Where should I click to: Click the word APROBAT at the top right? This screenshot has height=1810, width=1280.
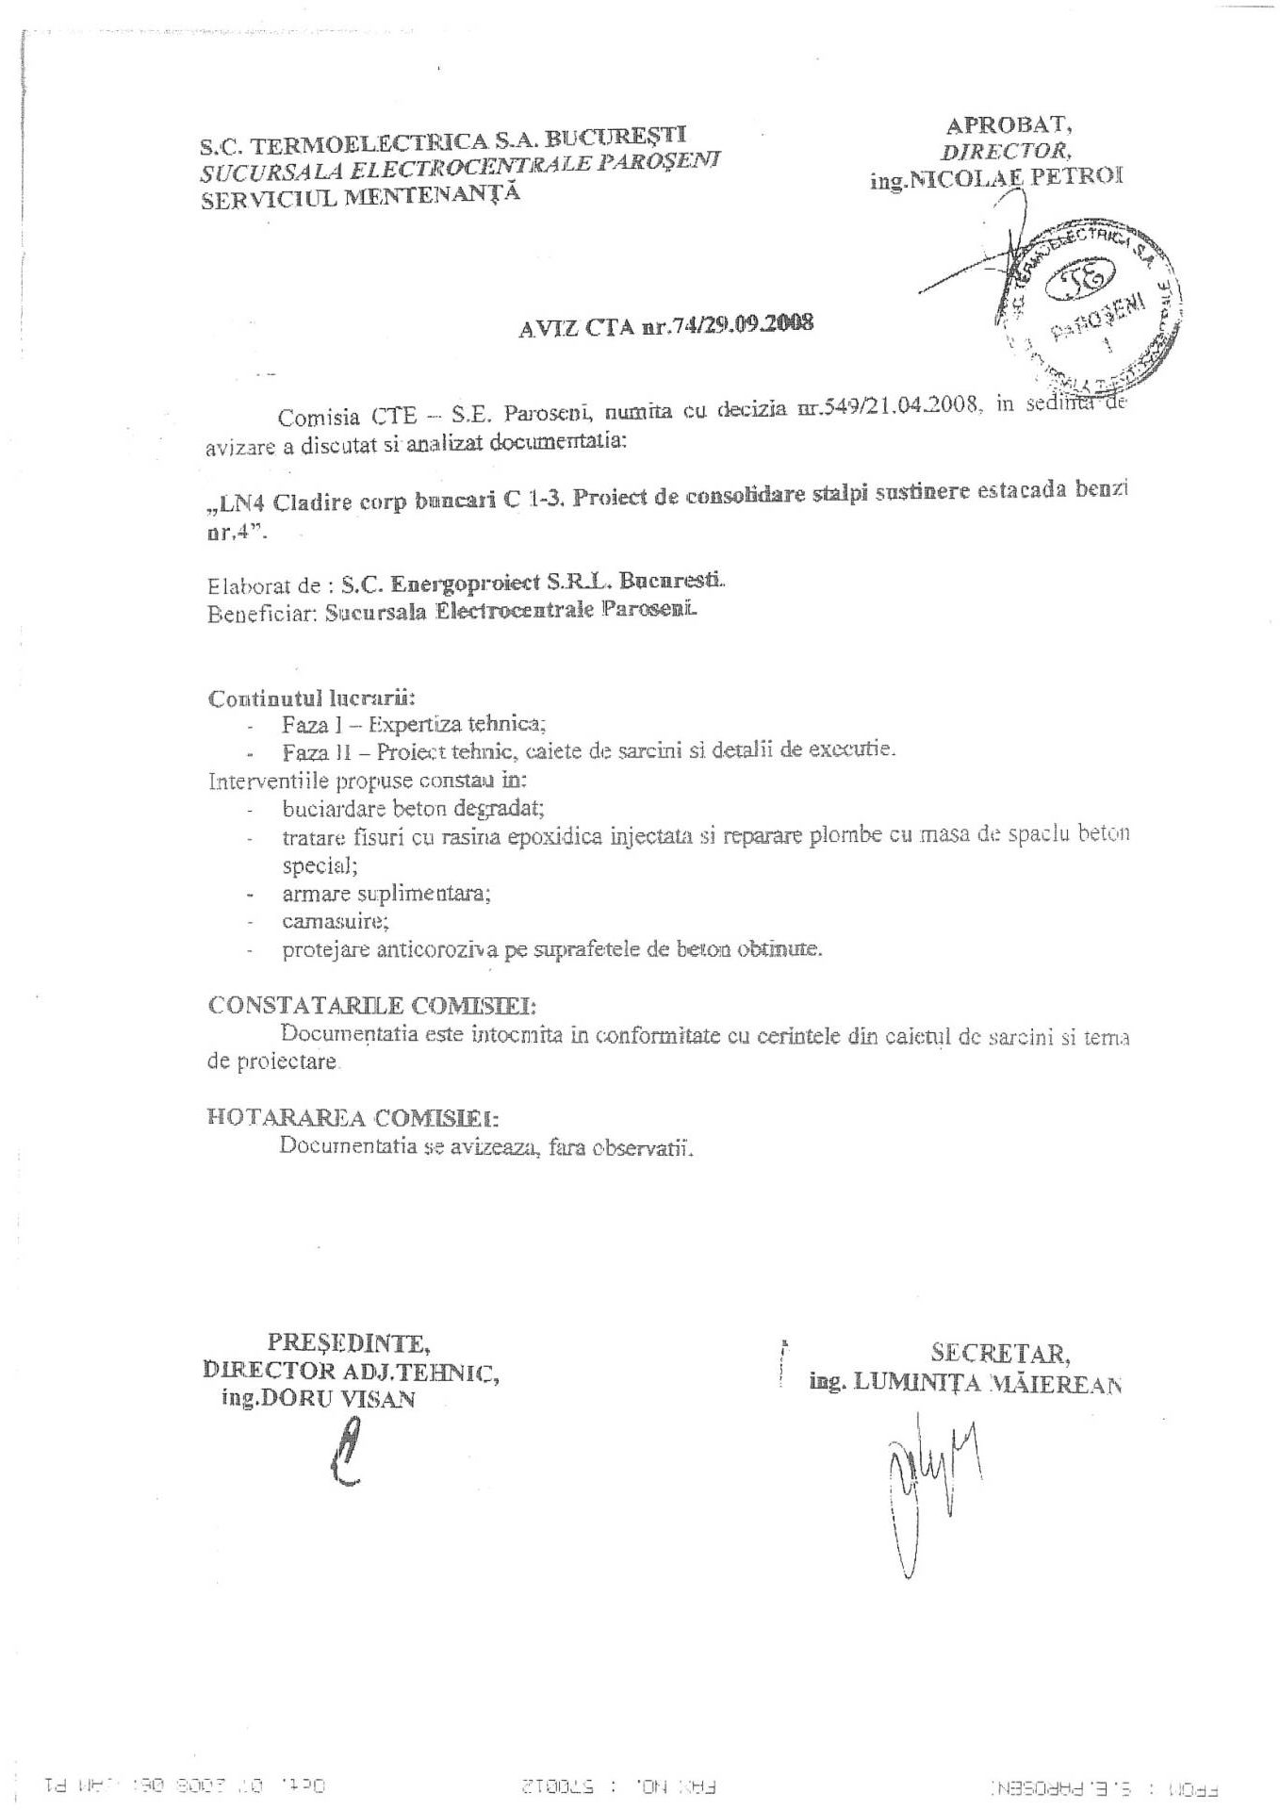tap(1008, 125)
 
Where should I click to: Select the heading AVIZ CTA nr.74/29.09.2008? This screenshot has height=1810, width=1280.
tap(665, 326)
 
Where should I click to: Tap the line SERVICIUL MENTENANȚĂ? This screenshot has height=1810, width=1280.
tap(359, 197)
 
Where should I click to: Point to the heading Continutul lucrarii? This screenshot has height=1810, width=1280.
tap(311, 699)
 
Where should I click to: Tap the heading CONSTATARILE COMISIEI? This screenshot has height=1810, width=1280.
tap(372, 1004)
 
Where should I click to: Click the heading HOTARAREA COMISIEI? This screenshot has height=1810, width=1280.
tap(353, 1118)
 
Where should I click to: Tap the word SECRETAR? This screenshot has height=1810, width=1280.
tap(1000, 1354)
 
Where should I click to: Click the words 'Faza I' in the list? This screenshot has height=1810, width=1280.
tap(305, 724)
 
